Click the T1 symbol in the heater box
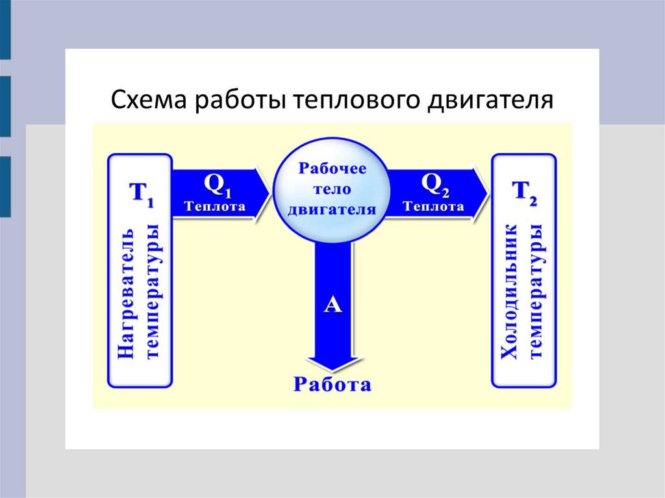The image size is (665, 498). point(142,193)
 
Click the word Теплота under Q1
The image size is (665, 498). point(215,207)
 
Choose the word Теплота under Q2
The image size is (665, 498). point(433,207)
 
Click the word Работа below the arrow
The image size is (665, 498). point(332,384)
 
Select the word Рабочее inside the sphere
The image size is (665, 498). point(332,168)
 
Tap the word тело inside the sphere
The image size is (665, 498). point(332,189)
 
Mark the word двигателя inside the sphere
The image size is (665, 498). point(332,210)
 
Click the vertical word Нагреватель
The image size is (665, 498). point(128,293)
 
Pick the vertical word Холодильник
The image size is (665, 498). point(510,293)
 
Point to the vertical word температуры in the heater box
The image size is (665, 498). point(154,293)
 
